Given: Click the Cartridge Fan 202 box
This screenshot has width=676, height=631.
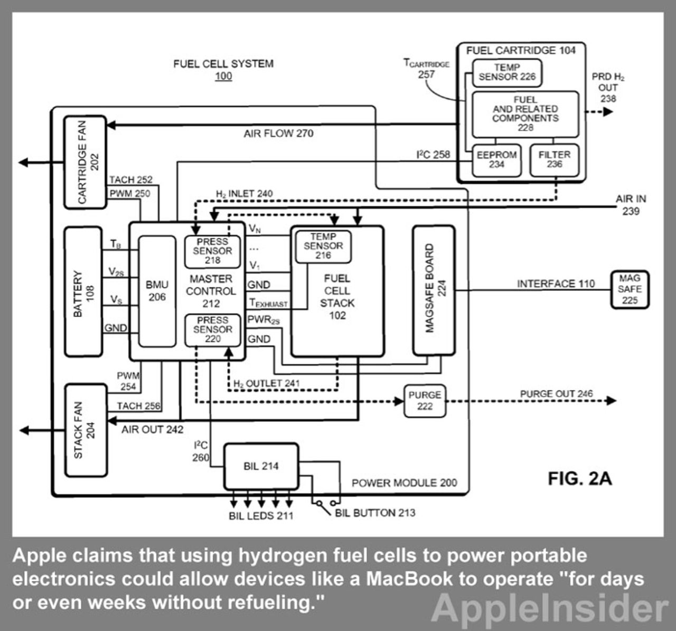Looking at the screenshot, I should click(x=85, y=162).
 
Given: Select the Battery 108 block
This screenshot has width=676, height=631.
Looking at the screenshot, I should click(x=83, y=291).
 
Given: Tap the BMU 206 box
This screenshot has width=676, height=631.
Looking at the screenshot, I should click(x=157, y=291).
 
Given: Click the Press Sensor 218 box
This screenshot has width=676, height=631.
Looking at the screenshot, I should click(x=212, y=251).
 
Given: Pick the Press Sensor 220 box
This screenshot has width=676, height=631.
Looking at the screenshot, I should click(x=212, y=330).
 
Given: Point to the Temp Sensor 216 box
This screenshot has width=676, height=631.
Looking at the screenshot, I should click(x=323, y=246).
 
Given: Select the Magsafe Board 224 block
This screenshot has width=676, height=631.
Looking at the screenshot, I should click(x=434, y=290).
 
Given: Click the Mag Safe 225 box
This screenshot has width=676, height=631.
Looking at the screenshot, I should click(x=630, y=289).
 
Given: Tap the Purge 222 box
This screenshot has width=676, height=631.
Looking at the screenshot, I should click(x=425, y=401).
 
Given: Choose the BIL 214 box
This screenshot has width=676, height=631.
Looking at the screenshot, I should click(x=261, y=466).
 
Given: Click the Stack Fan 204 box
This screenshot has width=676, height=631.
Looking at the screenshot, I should click(x=86, y=430).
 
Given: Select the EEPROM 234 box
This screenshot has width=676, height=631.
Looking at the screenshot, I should click(x=496, y=159).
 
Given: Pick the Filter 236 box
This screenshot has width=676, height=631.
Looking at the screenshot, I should click(x=554, y=159).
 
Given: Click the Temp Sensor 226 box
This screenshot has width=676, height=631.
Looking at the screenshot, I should click(x=507, y=72).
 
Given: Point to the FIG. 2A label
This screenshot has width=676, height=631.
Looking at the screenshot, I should click(x=579, y=478).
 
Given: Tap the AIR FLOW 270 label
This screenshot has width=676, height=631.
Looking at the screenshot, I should click(x=278, y=134).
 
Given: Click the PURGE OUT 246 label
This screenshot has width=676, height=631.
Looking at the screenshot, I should click(x=556, y=394).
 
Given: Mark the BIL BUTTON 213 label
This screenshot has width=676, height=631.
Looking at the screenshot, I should click(x=375, y=513).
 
